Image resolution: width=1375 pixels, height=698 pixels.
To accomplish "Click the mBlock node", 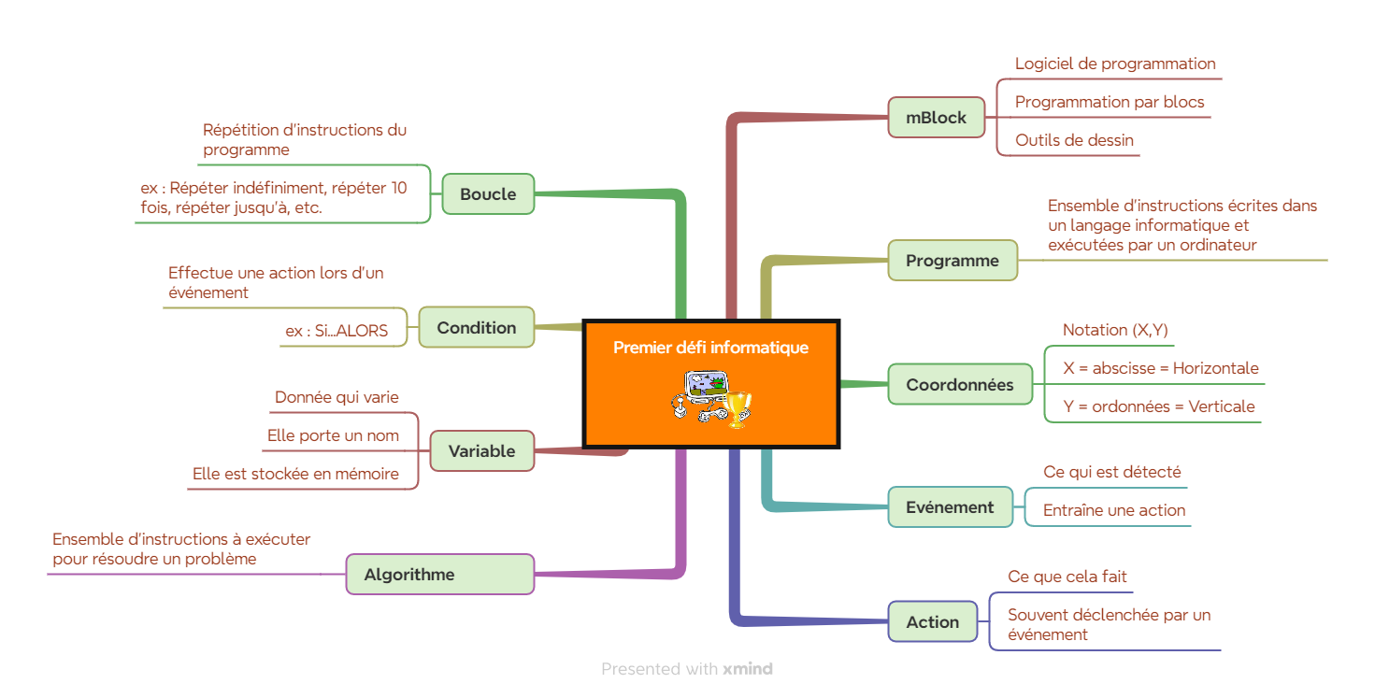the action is pos(936,117).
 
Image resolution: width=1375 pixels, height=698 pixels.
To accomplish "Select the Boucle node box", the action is pos(488,193).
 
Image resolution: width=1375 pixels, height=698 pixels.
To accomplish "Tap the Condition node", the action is pos(477,328).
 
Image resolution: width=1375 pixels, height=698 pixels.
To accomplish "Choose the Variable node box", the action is pos(482,450).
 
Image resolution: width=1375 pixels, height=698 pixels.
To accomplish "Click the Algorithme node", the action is pos(440,574).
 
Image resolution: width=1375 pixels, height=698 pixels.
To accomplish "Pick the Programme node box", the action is pos(952,260).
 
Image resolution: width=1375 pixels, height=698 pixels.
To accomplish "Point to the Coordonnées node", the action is pos(960,385).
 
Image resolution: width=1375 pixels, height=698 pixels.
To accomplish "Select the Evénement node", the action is pos(951,507).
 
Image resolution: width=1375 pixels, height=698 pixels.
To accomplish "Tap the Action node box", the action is pos(933,622).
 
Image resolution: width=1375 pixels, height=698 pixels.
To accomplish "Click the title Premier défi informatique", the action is pos(710,348).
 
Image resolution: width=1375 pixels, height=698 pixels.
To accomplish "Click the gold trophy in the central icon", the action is pos(737,409).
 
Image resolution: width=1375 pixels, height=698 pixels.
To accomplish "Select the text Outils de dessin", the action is pos(1074,140).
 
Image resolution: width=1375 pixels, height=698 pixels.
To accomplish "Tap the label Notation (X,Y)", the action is pos(1115,330).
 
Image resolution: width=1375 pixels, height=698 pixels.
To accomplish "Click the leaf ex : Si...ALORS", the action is pos(337,331).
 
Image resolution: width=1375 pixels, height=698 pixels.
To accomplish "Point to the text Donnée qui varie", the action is pos(337,397).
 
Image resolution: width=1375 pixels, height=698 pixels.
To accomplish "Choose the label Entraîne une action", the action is pos(1114,510).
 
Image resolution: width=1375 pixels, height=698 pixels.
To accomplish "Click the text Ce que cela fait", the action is pos(1067,577).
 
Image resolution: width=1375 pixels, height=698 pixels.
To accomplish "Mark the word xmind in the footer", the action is pos(748,668).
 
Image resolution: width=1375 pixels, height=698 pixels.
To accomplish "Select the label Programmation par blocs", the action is pos(1110,102).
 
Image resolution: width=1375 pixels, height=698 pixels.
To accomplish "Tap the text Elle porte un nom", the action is pos(333,435).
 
